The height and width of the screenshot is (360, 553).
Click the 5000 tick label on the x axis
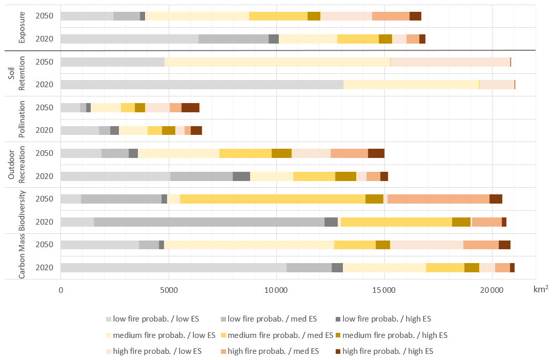(x=169, y=289)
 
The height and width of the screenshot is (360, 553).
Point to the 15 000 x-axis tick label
(x=384, y=289)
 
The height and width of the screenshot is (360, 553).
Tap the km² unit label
(x=539, y=290)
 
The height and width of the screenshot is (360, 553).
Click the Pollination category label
(x=23, y=119)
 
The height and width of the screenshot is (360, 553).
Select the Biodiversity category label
(x=23, y=210)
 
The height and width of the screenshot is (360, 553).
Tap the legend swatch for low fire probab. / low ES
(x=108, y=319)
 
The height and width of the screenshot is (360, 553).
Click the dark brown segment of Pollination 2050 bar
(x=190, y=108)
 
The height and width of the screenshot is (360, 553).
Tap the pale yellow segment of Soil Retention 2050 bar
(x=277, y=62)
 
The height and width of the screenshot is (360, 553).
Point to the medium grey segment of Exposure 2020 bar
(x=233, y=39)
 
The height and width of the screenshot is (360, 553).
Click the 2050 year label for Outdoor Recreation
(x=44, y=153)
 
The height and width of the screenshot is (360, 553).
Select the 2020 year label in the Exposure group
(x=44, y=39)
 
